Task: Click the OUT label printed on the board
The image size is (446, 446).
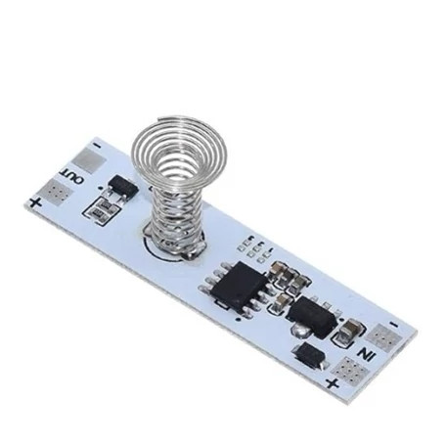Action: tap(70, 176)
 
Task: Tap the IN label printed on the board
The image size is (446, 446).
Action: tap(366, 354)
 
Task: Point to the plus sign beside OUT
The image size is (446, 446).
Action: tap(35, 203)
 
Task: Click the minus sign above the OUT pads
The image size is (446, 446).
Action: tap(97, 145)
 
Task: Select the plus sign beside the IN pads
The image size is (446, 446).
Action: tap(333, 383)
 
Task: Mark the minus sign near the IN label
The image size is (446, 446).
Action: tap(394, 325)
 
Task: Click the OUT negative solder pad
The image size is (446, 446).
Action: tap(89, 158)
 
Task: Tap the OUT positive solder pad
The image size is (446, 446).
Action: tap(57, 193)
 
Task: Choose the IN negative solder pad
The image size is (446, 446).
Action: tap(383, 337)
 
